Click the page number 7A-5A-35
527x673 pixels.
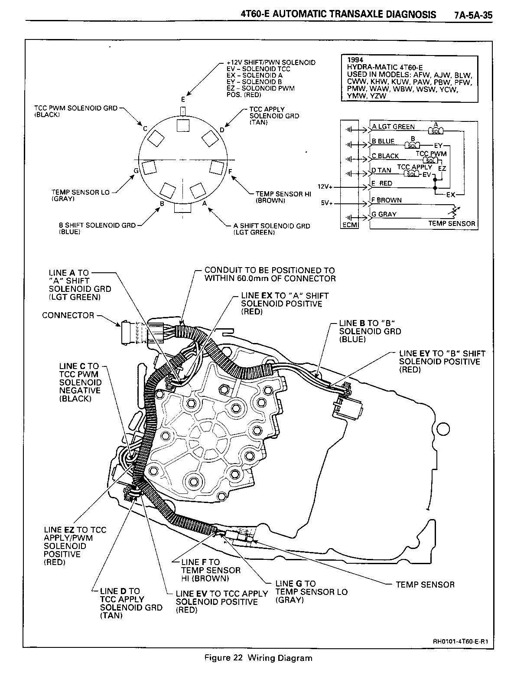[x=473, y=15]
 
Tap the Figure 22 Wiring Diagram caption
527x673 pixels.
[x=258, y=658]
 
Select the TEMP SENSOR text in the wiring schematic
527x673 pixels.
[x=452, y=224]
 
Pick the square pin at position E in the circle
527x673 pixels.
[x=183, y=125]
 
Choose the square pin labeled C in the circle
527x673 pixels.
[x=156, y=139]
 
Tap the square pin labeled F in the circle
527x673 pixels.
[x=216, y=167]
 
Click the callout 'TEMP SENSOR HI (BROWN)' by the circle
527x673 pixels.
[x=283, y=197]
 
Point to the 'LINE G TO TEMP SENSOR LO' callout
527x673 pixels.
[x=311, y=591]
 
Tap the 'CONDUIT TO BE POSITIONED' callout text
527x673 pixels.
[x=270, y=274]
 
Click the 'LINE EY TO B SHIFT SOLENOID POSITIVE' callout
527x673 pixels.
[x=442, y=361]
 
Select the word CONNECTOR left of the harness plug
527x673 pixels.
[x=68, y=315]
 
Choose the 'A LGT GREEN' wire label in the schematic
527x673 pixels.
[x=394, y=127]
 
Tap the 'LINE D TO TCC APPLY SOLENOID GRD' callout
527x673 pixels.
[x=131, y=603]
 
